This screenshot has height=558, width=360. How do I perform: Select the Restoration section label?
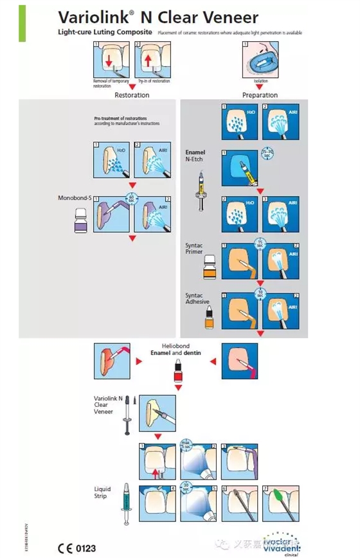(x=132, y=95)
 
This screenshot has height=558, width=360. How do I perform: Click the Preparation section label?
(x=260, y=95)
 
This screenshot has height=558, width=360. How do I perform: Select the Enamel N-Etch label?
(x=195, y=156)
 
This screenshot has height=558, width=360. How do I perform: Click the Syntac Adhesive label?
(x=195, y=299)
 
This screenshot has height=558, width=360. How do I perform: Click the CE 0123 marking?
(x=76, y=548)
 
